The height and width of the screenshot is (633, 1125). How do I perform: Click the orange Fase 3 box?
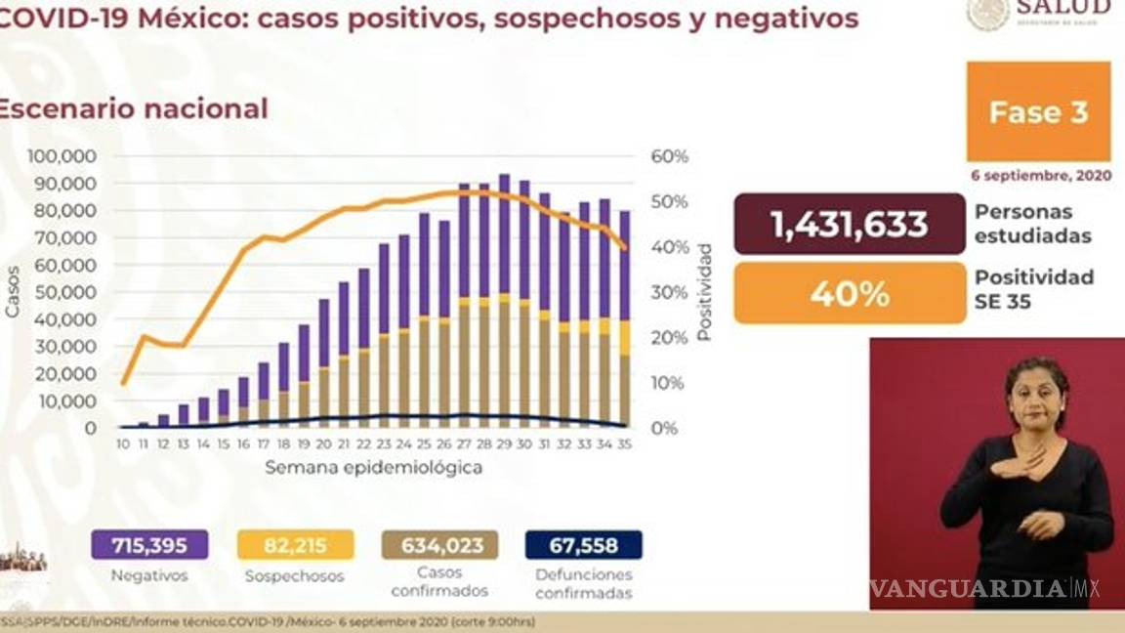coord(1038,111)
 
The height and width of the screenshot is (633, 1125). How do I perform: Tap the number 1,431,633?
coord(849,224)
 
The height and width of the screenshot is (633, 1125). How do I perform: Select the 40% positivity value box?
coord(849,292)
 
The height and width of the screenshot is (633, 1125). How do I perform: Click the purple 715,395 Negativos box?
coord(149,544)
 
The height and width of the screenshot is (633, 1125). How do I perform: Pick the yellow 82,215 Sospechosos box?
coord(295,544)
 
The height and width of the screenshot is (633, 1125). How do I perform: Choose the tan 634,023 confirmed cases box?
coord(439,544)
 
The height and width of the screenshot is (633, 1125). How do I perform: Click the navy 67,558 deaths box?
coord(583,544)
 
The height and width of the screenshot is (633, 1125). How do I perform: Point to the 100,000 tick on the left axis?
coord(62,156)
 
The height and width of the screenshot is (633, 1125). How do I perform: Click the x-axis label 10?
coord(122,443)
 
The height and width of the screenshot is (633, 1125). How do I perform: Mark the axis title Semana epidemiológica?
coord(373,468)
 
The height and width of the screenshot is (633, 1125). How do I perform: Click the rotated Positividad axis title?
coord(704,292)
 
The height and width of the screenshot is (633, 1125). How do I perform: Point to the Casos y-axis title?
coord(13,292)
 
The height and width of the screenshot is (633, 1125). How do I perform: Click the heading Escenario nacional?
coord(133,108)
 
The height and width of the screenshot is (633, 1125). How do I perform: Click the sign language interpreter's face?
coord(1035,392)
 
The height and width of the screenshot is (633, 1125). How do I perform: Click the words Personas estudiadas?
coord(1032,224)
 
